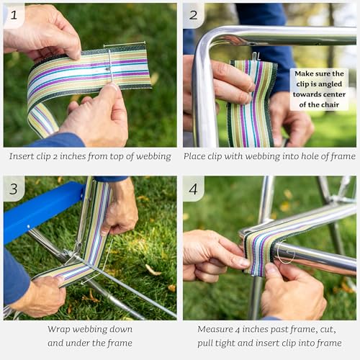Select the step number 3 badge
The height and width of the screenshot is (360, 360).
(14, 188)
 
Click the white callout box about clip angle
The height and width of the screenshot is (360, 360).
(318, 89)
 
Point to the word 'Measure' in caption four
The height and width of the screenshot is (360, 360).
(217, 329)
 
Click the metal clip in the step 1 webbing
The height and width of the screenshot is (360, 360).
(109, 66)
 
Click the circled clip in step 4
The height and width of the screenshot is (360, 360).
(284, 254)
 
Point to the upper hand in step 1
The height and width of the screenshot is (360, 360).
(43, 29)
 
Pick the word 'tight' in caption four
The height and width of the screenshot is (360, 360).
(246, 343)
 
